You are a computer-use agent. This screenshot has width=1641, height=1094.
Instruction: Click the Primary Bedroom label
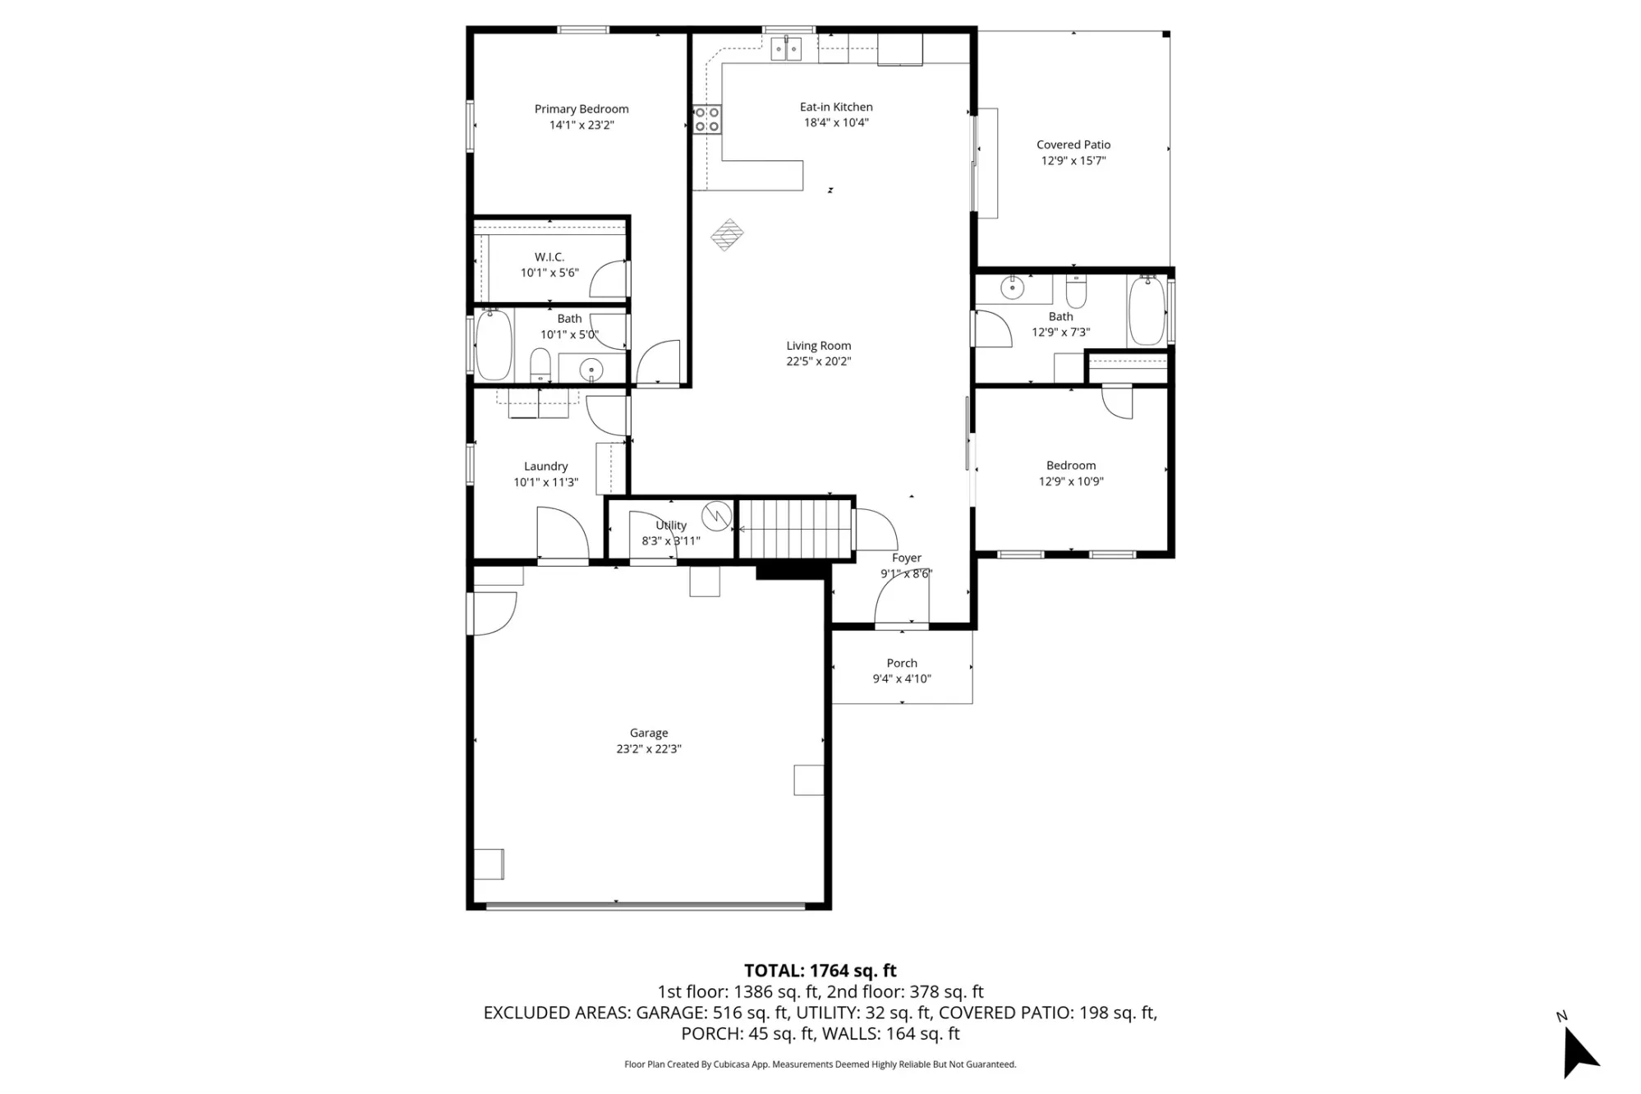point(581,109)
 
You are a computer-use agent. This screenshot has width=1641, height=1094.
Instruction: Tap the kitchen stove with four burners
point(707,120)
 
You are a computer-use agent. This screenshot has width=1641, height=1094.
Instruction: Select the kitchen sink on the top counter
point(786,48)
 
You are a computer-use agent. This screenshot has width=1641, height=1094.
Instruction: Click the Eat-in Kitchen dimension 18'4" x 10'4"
point(836,123)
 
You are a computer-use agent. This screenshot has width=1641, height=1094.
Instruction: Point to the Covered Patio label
point(1073,145)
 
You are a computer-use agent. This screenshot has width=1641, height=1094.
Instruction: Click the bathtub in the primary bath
point(494,345)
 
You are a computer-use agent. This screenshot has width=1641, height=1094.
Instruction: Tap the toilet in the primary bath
point(540,365)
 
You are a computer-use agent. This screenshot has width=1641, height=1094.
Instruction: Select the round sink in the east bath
point(1013,288)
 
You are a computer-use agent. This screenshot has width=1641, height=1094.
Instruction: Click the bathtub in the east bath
point(1147,311)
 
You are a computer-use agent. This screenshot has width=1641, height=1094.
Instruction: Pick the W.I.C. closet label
point(549,257)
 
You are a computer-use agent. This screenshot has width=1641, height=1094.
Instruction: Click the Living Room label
point(819,346)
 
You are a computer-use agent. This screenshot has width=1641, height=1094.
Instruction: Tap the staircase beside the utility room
point(794,530)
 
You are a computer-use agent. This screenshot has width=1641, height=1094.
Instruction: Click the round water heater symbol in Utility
point(716,516)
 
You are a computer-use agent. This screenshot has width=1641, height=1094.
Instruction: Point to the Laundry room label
point(546,467)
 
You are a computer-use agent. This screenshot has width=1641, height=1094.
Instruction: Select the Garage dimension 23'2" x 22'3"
point(649,749)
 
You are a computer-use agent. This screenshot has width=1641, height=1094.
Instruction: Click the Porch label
point(902,663)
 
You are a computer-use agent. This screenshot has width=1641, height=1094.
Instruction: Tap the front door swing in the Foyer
point(902,599)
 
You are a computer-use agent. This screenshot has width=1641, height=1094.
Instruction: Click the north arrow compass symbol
point(1579,1051)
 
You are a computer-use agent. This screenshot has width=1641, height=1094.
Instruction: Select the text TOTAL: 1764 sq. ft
point(820,971)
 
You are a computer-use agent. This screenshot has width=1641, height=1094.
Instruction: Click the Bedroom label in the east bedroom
point(1071,466)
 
